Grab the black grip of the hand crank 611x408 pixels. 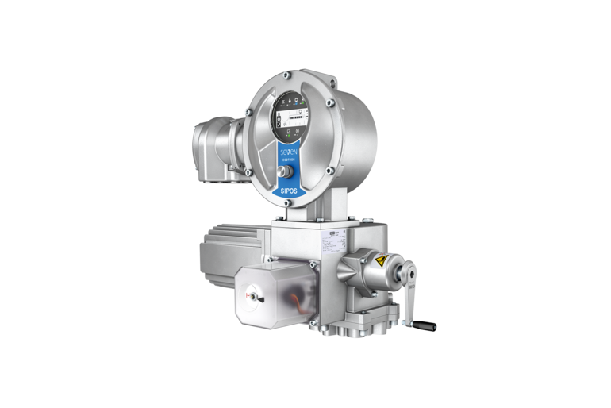click(x=425, y=325)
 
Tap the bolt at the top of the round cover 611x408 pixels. click(x=284, y=75)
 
